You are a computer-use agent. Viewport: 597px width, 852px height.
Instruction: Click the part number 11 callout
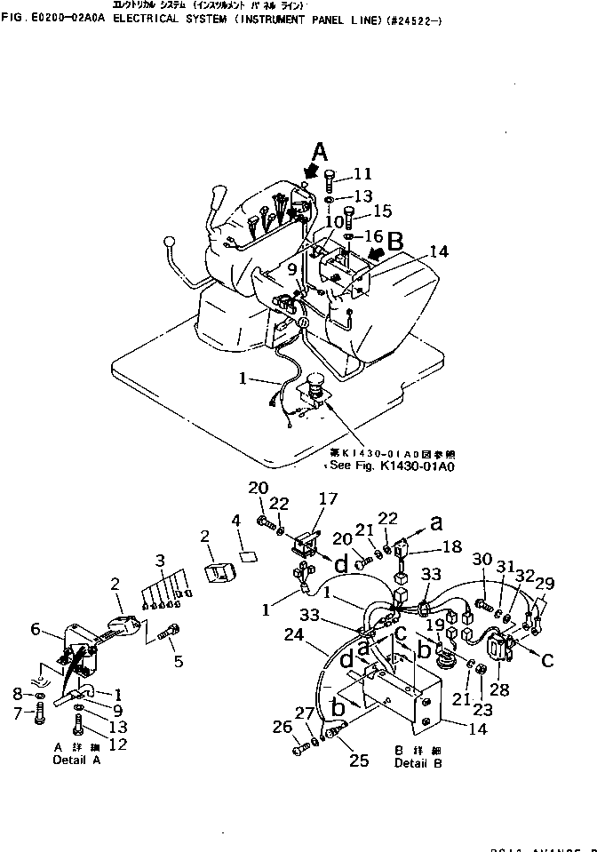point(362,173)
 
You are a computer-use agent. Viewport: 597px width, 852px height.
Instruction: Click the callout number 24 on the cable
point(294,635)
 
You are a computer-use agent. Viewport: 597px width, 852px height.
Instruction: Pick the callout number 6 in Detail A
point(36,629)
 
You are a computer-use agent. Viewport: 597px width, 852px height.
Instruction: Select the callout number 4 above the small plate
point(236,519)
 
